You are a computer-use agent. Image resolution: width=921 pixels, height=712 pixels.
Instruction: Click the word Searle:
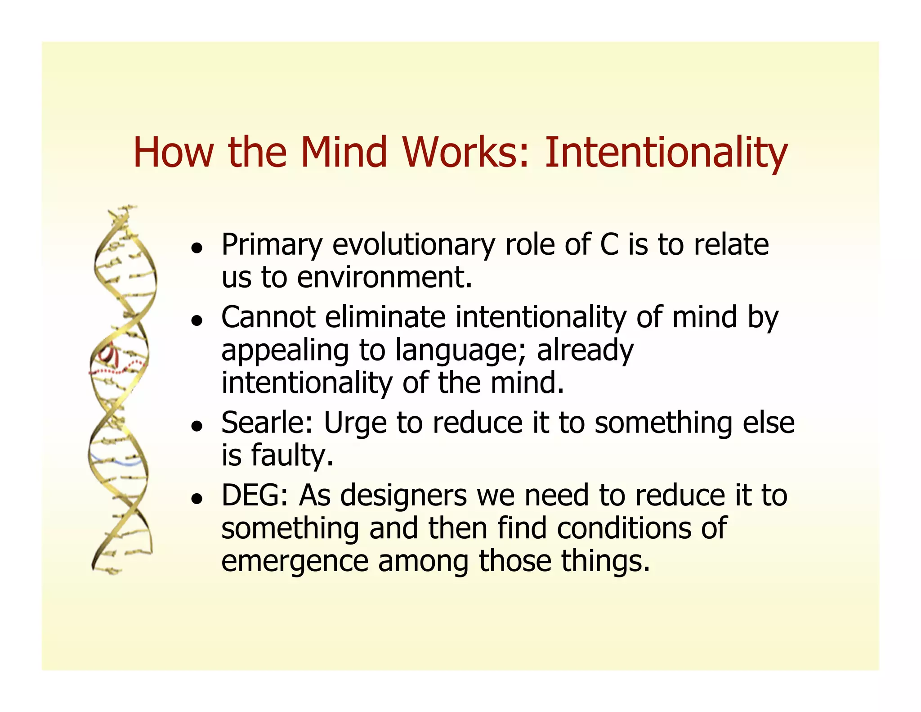(267, 423)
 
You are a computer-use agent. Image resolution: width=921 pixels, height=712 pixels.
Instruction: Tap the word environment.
(384, 278)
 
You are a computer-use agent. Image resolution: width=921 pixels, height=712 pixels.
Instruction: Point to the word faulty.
(292, 455)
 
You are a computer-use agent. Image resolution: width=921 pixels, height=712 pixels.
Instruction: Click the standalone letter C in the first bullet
(609, 245)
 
